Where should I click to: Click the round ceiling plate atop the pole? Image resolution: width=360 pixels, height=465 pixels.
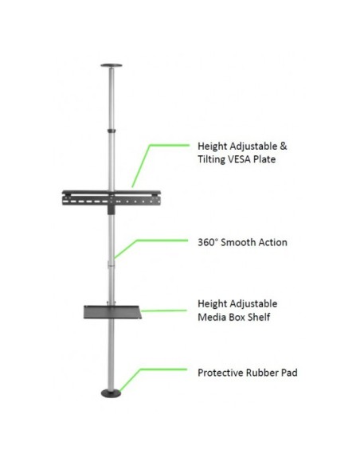point(112,65)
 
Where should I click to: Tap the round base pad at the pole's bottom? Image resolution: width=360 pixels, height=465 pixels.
point(112,393)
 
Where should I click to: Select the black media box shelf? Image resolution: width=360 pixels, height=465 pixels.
point(112,312)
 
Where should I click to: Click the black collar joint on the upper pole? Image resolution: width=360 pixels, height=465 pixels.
point(112,131)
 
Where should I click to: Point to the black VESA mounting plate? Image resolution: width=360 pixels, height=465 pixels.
point(112,198)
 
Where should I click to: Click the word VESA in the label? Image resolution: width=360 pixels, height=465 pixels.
point(239,159)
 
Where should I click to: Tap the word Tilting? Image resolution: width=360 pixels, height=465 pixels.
point(211,159)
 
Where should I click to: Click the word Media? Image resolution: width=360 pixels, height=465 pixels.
point(211,317)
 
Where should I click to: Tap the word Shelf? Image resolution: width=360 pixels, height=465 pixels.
point(259,317)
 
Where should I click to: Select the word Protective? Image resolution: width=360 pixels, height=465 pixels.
point(221,373)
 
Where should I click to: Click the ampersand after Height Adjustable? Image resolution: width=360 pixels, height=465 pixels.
point(284,147)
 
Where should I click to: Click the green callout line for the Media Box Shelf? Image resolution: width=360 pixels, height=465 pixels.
point(164,311)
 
